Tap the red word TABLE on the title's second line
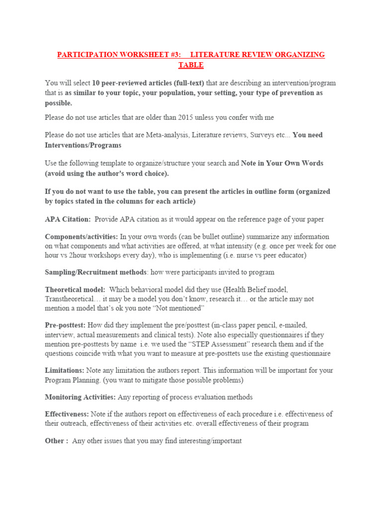191,65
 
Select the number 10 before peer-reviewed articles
95,83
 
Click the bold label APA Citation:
68,219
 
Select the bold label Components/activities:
82,237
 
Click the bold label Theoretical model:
75,289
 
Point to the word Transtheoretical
69,299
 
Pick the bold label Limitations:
65,370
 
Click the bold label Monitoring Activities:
80,397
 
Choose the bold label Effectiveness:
67,414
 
